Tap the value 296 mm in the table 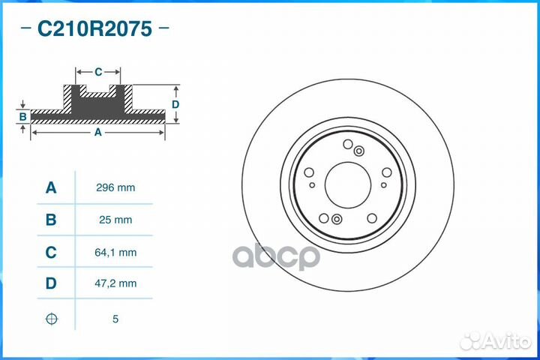pyautogui.click(x=115, y=187)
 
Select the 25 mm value pyautogui.click(x=115, y=220)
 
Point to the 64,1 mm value pyautogui.click(x=115, y=253)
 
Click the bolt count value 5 pyautogui.click(x=115, y=319)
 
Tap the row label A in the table pyautogui.click(x=51, y=187)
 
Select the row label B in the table pyautogui.click(x=51, y=220)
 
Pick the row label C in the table pyautogui.click(x=51, y=253)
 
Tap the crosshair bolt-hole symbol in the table pyautogui.click(x=51, y=319)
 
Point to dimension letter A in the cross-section pyautogui.click(x=97, y=132)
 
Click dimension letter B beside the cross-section pyautogui.click(x=23, y=116)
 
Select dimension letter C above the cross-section pyautogui.click(x=98, y=72)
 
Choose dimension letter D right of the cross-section pyautogui.click(x=175, y=104)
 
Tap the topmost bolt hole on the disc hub pyautogui.click(x=347, y=144)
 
